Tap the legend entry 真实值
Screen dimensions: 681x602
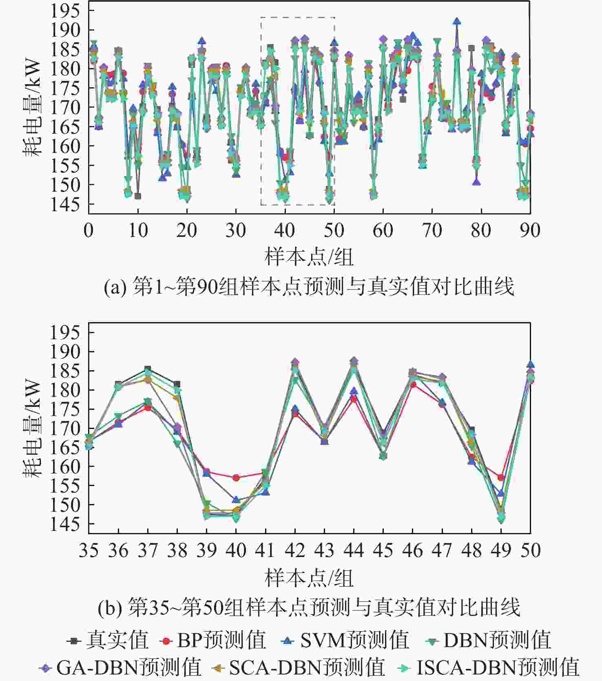point(108,640)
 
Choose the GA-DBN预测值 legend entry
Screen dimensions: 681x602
point(120,667)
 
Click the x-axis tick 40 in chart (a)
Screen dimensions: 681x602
point(285,230)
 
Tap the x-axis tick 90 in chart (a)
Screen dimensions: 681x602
point(530,230)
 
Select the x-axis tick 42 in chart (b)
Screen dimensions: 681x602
point(295,551)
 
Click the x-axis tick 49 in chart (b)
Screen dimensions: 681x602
point(501,551)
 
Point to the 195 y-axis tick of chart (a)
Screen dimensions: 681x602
point(64,11)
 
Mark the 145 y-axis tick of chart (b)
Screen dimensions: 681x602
point(64,524)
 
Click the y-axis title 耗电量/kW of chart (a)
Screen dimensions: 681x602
point(32,108)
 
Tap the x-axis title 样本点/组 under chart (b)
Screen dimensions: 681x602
point(309,578)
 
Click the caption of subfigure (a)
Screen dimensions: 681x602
point(309,287)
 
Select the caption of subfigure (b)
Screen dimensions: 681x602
point(309,607)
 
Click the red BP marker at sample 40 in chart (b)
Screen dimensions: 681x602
point(236,478)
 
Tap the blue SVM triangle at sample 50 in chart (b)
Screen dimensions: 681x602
point(530,365)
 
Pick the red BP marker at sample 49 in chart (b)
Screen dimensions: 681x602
point(501,477)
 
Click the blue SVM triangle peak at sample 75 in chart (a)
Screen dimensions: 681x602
point(457,21)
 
